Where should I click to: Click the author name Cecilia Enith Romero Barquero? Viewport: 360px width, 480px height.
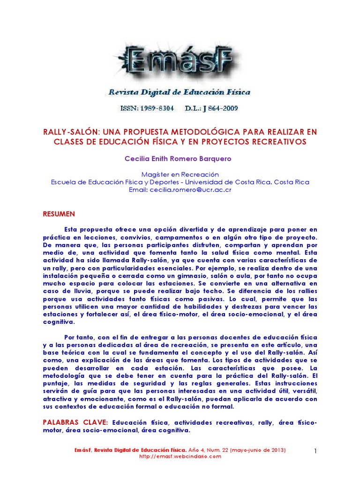178,159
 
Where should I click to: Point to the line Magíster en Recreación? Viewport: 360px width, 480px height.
180,174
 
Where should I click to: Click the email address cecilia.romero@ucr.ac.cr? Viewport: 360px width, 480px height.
190,190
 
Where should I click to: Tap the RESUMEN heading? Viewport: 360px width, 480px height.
59,214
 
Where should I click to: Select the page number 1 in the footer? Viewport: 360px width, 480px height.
315,451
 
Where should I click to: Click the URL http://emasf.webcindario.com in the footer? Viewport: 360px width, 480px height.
180,456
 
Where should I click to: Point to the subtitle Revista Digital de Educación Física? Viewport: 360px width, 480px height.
180,92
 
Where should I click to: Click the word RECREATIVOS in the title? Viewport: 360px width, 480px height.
277,142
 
